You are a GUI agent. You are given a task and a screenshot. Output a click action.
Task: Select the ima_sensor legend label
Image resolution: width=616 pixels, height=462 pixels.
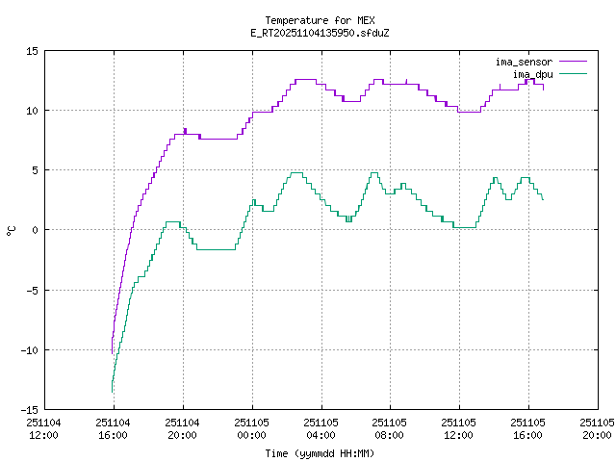pos(524,62)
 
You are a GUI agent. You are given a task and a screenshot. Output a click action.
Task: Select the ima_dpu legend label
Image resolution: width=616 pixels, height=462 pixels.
pos(531,74)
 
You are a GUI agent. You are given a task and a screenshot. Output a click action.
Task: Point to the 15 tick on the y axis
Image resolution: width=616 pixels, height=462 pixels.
pos(32,50)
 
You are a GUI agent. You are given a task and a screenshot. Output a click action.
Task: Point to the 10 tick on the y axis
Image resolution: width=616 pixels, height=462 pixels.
pos(32,110)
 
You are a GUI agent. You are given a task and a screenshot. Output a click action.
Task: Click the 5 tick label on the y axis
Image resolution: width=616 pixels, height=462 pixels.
pos(35,169)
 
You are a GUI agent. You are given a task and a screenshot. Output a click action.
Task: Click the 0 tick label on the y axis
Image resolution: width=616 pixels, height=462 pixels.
pos(35,229)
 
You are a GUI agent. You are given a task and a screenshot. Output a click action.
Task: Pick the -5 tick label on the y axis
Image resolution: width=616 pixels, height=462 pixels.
pos(32,289)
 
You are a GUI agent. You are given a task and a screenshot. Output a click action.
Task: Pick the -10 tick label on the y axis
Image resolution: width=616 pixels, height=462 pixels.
pos(29,348)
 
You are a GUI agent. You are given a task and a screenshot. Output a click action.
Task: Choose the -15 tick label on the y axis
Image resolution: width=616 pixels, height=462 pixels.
pos(29,408)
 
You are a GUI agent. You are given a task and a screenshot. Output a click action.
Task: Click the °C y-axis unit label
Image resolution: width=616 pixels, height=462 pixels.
pos(12,230)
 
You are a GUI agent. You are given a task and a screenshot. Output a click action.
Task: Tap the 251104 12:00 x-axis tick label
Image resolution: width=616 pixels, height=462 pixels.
pos(43,428)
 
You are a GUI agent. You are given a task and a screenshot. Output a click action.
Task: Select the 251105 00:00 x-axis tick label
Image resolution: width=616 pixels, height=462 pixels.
pos(251,428)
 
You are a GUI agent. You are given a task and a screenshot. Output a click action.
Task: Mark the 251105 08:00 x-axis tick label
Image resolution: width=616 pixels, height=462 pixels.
pos(390,428)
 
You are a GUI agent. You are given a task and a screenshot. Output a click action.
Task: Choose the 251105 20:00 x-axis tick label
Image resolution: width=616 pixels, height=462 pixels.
pos(597,428)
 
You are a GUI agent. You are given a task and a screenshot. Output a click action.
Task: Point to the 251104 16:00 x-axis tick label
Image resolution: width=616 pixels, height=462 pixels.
pos(113,428)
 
